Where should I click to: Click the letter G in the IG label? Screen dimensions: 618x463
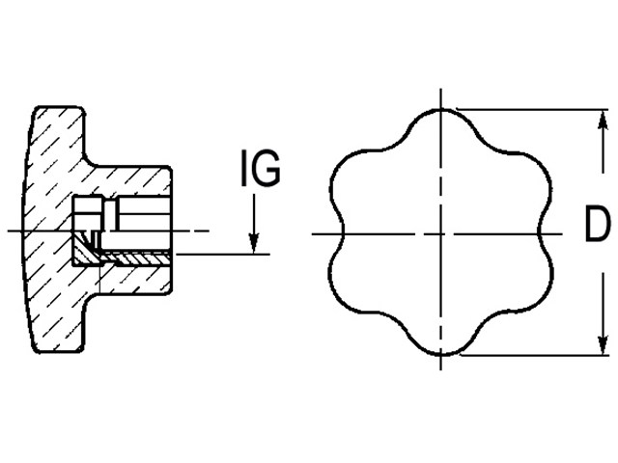coord(266,168)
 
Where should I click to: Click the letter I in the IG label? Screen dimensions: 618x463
coord(244,168)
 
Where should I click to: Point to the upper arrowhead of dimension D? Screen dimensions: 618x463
coord(602,120)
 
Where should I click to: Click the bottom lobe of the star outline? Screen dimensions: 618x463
coord(441,354)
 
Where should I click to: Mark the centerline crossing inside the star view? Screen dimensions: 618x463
coord(441,234)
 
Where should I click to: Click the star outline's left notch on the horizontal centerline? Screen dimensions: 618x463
coord(344,234)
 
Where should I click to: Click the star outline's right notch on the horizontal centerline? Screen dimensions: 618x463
coord(539,234)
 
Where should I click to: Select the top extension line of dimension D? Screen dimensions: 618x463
coord(532,109)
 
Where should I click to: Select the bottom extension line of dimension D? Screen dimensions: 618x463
coord(534,356)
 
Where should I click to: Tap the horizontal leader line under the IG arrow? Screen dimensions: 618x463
coord(223,255)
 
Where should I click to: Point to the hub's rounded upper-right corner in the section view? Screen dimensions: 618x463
coord(169,169)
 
